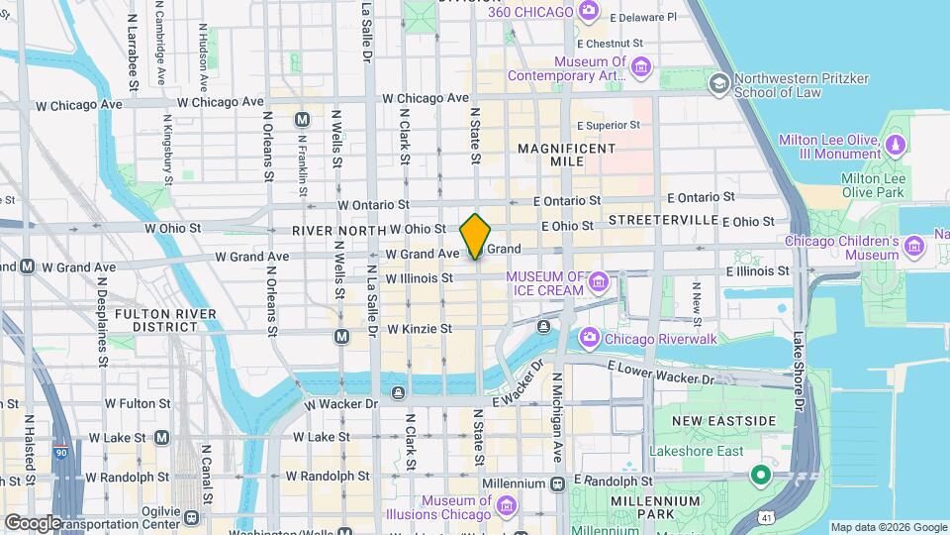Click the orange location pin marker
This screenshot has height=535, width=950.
(x=476, y=236)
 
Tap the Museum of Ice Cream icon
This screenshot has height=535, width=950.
(x=598, y=284)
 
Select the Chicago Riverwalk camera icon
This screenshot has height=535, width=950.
(x=589, y=339)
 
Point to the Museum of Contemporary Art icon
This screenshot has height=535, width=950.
(x=642, y=67)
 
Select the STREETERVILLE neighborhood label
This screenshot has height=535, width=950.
(x=662, y=218)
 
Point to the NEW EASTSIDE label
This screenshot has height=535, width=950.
(x=724, y=421)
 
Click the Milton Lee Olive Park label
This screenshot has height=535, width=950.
(x=873, y=185)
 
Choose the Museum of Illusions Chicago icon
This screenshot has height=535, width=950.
(x=507, y=507)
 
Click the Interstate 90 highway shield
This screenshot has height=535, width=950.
(x=61, y=454)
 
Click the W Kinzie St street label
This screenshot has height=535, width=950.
(x=419, y=328)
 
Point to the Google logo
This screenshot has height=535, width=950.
(x=32, y=522)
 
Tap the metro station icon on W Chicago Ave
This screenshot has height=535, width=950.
(x=303, y=120)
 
